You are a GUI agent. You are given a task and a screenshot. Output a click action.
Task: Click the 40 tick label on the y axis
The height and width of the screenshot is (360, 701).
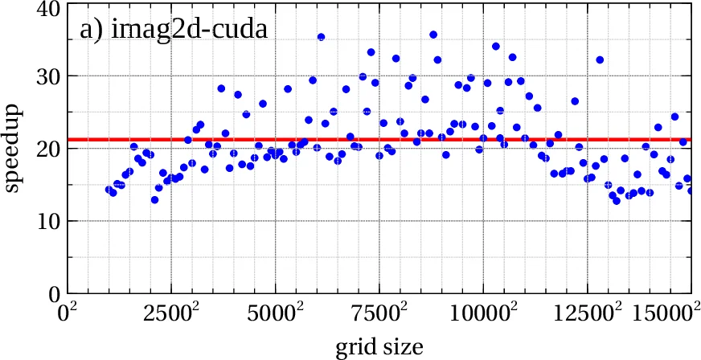click(43, 9)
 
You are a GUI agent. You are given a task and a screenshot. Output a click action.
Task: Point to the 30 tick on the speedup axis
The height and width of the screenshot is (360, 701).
click(43, 76)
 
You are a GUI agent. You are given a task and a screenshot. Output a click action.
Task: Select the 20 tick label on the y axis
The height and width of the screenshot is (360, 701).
click(43, 149)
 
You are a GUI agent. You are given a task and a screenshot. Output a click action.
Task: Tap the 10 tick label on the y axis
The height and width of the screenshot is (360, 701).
click(43, 221)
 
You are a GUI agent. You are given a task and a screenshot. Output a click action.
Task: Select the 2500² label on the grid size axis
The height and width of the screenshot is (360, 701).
click(172, 314)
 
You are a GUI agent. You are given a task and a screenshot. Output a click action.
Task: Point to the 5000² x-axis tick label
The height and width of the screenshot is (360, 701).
click(276, 314)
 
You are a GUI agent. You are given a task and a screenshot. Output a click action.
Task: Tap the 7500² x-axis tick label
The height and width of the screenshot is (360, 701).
click(379, 314)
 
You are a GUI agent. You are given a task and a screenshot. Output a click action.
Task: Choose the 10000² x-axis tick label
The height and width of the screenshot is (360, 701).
click(483, 314)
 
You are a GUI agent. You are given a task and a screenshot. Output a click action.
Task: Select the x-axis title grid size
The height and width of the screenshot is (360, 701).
click(379, 346)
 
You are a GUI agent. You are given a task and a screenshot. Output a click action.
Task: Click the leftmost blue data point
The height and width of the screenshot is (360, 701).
click(109, 190)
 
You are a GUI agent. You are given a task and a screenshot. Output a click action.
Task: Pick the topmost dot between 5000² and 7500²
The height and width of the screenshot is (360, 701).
click(321, 37)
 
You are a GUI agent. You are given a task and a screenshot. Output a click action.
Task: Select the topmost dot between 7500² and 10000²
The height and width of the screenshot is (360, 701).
click(433, 35)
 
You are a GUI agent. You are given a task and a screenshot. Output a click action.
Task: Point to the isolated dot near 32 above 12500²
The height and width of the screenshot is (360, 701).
click(599, 60)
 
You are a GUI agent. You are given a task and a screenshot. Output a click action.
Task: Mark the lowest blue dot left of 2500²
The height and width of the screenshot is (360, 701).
click(154, 200)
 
